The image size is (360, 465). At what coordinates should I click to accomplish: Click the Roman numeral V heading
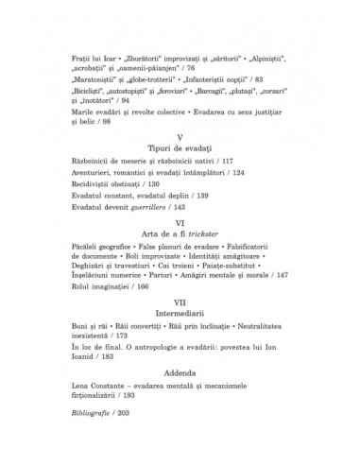pos(179,113)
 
